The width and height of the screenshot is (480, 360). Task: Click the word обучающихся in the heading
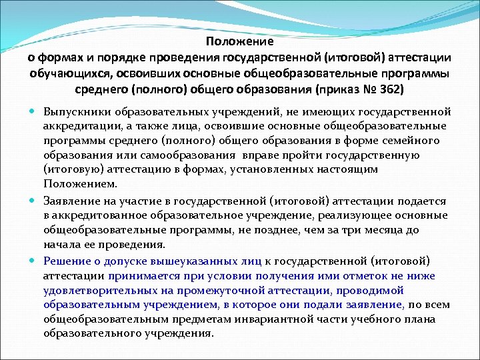[65, 73]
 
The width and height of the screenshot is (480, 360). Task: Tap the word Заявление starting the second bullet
[73, 201]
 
